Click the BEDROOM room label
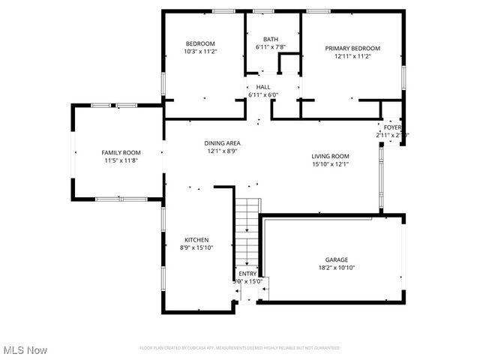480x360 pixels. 199,44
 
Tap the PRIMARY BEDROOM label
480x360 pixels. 352,48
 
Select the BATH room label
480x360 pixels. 270,40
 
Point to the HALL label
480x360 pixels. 262,87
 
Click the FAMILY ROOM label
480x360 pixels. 121,152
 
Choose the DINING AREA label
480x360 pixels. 222,142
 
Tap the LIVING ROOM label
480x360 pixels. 331,156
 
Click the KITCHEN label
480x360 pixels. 196,240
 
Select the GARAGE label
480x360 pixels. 337,259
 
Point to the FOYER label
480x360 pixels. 393,127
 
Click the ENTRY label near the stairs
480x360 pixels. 247,274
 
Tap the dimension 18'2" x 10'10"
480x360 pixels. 337,268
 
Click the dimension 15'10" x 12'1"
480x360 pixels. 331,164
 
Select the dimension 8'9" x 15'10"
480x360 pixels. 196,248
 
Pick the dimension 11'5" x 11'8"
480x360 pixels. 121,160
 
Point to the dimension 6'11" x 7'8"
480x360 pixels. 270,48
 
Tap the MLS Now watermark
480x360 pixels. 25,350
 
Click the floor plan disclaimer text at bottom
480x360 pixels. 240,348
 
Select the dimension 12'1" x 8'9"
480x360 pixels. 222,151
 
